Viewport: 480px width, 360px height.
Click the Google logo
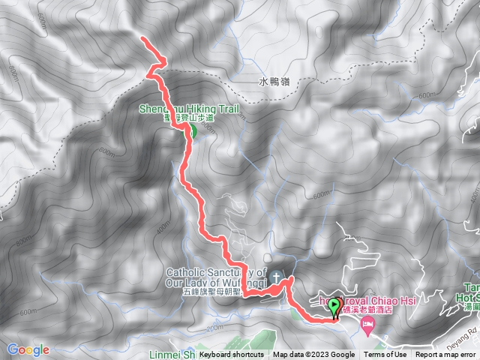tap(28, 349)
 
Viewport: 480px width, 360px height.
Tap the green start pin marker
tap(334, 306)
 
